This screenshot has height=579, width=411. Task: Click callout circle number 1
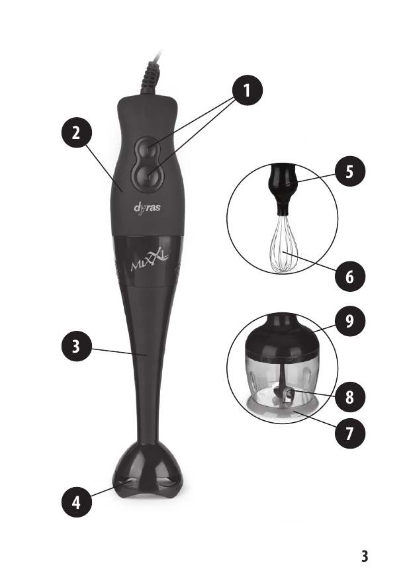pos(248,91)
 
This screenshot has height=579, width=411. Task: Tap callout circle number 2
pos(76,133)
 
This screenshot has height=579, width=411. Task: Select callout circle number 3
pos(76,347)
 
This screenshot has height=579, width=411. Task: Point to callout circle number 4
pos(76,502)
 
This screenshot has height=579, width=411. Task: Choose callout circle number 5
pos(349,172)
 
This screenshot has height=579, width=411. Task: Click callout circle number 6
pos(349,276)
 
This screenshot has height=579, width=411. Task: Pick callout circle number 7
pos(349,433)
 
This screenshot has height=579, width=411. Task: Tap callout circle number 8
pos(349,397)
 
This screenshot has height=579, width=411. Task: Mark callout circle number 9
pos(349,321)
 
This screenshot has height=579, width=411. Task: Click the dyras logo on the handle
pos(147,208)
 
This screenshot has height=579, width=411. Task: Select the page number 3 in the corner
pos(365,556)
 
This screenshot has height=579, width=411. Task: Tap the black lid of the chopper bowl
pos(282,337)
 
